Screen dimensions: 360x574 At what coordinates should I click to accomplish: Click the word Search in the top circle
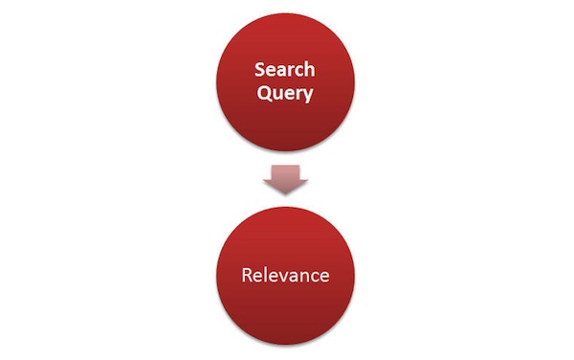284,69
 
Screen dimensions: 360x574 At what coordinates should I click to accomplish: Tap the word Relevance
284,276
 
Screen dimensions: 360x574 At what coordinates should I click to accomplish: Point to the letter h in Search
309,69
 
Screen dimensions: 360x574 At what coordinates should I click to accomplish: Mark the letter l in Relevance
265,276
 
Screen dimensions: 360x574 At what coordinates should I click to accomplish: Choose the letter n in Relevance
304,277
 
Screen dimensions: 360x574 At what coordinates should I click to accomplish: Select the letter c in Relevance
314,277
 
